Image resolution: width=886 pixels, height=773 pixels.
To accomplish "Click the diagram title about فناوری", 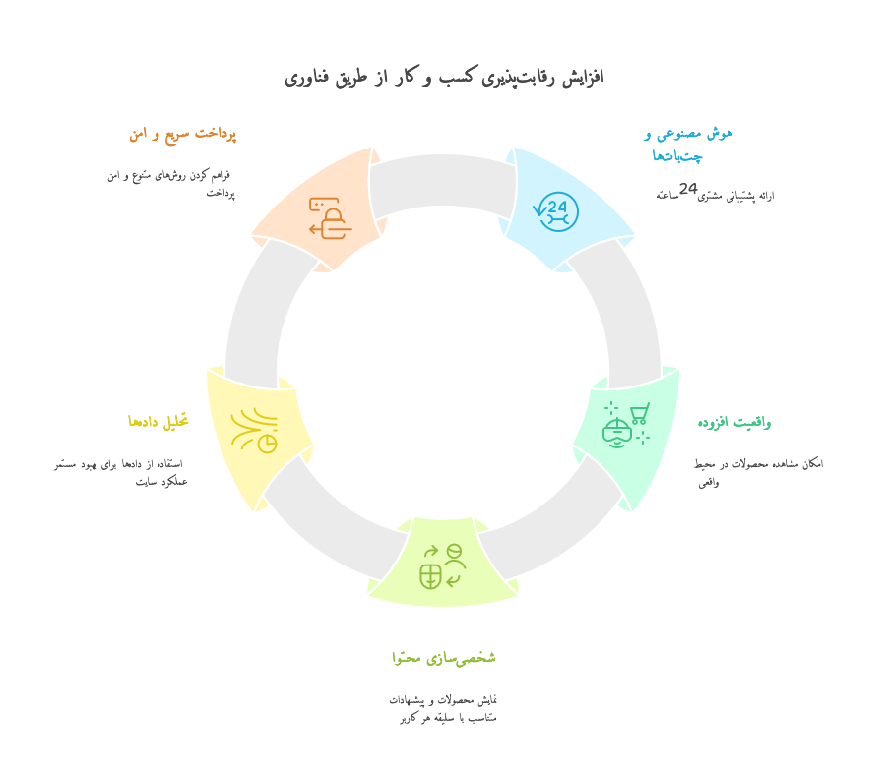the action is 444,77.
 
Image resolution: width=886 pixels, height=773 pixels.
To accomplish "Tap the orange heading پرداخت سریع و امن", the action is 182,135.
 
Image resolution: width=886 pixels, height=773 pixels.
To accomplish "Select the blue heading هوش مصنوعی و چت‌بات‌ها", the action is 688,145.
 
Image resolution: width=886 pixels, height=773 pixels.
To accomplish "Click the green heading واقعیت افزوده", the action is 734,422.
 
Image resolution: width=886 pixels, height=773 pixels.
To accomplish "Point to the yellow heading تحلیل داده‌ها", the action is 158,422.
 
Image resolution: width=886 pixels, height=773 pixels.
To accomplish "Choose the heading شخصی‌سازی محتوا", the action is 444,658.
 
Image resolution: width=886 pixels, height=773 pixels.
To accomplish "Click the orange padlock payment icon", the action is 331,218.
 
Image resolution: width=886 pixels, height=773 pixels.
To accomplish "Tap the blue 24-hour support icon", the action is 556,211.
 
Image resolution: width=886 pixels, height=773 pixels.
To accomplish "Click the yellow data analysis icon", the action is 254,430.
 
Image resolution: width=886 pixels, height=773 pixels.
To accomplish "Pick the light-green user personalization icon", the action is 443,566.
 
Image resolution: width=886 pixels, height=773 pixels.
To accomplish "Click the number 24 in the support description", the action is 688,189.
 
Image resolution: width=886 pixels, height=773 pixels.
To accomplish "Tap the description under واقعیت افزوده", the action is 758,473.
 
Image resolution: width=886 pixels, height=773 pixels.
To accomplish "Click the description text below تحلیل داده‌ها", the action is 121,473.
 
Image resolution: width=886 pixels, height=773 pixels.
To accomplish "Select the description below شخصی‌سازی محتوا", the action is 442,709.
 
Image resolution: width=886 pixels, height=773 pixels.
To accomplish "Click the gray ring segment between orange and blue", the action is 443,181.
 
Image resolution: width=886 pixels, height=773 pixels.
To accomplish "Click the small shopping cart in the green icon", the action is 640,413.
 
